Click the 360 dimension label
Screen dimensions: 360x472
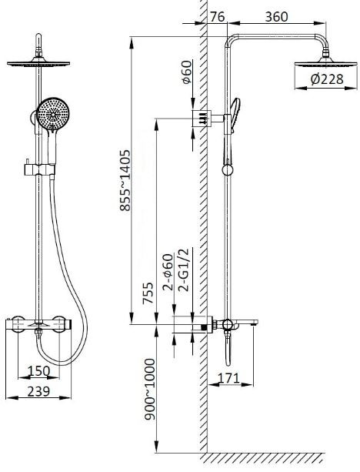coord(276,17)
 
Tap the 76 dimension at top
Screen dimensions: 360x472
coord(217,17)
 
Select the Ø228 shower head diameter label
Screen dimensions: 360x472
coord(327,79)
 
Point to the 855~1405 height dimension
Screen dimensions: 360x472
coord(125,180)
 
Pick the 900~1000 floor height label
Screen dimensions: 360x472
coord(149,389)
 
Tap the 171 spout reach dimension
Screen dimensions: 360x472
coord(229,378)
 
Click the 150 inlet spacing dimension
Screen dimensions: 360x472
coord(39,371)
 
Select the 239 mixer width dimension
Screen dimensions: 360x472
coord(38,392)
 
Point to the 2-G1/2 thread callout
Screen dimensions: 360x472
coord(183,269)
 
